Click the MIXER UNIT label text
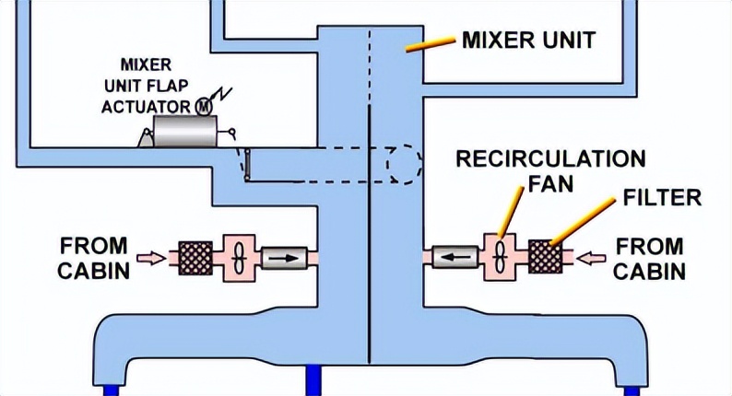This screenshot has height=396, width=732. click(527, 41)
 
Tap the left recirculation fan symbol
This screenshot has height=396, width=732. click(235, 258)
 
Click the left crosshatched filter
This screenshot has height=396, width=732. click(195, 257)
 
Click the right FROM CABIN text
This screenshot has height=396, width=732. click(651, 259)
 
